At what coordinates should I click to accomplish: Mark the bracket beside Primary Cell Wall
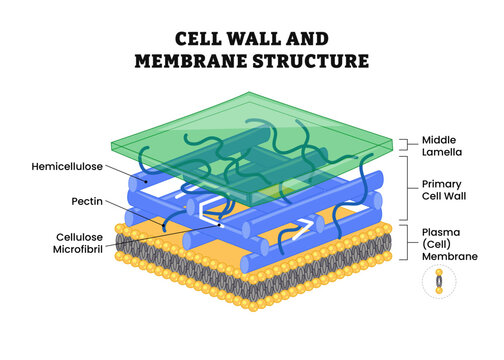coord(404,189)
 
